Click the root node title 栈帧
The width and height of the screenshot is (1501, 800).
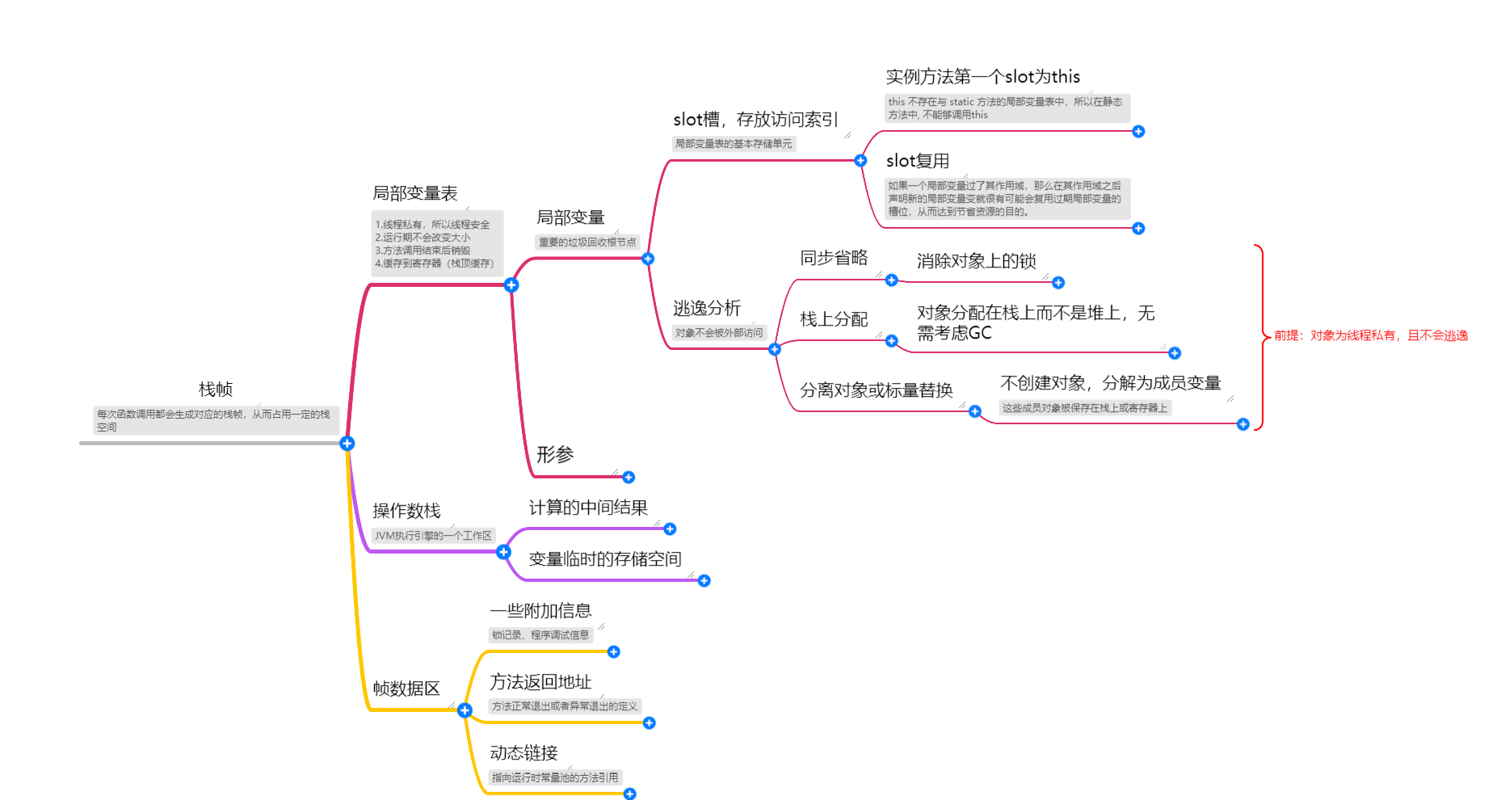(216, 389)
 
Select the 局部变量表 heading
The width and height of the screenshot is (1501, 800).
(414, 193)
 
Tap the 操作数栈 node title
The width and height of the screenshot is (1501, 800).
(406, 511)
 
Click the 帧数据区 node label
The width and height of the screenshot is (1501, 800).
(406, 688)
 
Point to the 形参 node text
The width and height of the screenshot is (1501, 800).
(555, 454)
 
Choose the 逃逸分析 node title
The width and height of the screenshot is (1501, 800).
(707, 308)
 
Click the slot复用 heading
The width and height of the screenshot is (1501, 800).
(918, 161)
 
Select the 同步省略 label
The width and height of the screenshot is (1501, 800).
(834, 258)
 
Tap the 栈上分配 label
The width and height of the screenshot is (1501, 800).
(834, 319)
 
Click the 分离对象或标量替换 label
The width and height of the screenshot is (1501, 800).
(877, 390)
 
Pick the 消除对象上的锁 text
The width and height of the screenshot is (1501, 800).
(976, 261)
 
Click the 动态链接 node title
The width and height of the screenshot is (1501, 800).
(523, 753)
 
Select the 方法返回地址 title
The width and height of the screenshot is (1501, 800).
(540, 682)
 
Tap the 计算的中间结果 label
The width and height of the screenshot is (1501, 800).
(588, 507)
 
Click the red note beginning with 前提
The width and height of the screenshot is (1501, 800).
(1371, 335)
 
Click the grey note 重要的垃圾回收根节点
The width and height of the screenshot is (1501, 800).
(587, 242)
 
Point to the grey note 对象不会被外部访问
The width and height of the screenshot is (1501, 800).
(719, 333)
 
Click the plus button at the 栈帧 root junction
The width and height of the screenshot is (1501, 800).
(347, 444)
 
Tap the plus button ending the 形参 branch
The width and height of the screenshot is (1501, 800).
(629, 478)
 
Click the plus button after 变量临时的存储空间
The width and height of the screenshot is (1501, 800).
(704, 581)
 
